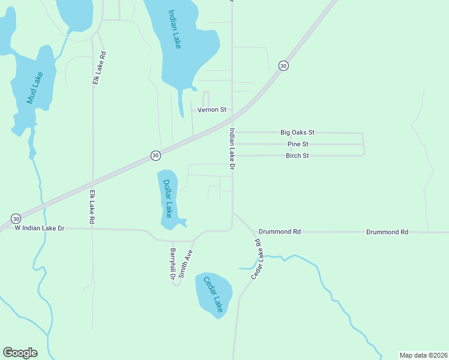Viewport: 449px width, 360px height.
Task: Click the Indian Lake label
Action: [x=175, y=29]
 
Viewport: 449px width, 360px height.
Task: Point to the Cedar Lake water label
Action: [x=213, y=294]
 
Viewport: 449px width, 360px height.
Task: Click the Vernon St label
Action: [x=212, y=110]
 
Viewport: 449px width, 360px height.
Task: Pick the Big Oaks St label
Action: [x=297, y=132]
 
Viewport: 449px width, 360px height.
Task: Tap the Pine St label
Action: [x=297, y=144]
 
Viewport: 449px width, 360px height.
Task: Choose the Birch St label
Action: [x=297, y=155]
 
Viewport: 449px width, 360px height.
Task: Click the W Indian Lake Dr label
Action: [x=39, y=229]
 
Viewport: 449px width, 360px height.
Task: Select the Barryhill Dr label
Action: [x=172, y=263]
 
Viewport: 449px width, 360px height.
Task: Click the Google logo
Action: [x=20, y=353]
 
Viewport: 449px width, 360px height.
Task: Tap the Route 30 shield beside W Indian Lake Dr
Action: [x=16, y=218]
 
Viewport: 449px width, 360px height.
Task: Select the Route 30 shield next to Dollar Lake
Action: [x=155, y=155]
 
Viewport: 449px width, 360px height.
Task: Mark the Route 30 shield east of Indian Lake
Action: [x=283, y=65]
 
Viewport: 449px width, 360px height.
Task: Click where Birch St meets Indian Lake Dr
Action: [x=232, y=155]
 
